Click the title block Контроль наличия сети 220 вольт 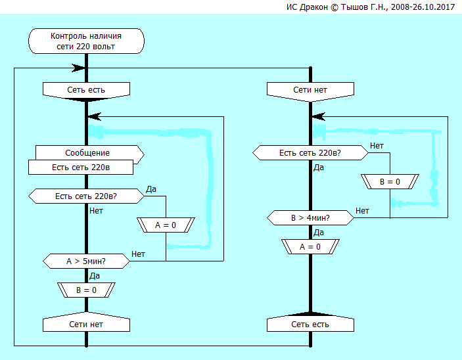pos(85,41)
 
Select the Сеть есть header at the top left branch pos(85,89)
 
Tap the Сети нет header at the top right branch pos(310,89)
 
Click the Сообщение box pos(86,153)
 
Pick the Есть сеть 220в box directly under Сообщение pos(81,167)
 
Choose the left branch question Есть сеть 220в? pos(86,196)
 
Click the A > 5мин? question pos(86,261)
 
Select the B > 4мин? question pos(310,217)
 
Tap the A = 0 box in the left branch pos(166,225)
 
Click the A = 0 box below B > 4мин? pos(310,246)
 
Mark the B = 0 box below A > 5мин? pos(86,290)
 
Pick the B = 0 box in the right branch pos(390,181)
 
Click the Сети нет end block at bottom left pos(86,324)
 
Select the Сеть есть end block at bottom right pos(310,324)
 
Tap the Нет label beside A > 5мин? pos(139,254)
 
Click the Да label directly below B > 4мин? pos(319,232)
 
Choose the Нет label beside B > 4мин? pos(362,210)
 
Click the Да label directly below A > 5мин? pos(95,275)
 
